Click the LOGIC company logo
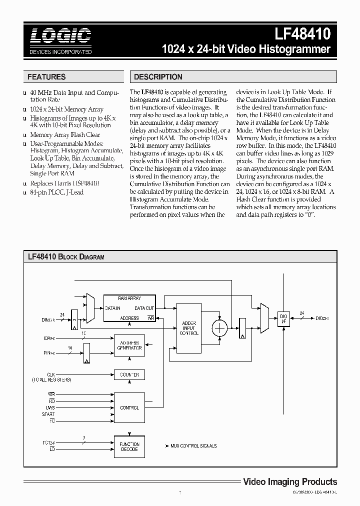click(59, 40)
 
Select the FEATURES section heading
click(46, 77)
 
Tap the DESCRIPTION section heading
click(158, 77)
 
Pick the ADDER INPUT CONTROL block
click(189, 327)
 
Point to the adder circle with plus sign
click(219, 328)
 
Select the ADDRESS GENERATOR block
click(129, 345)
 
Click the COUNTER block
click(129, 374)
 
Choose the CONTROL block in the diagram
click(129, 408)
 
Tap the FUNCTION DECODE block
click(129, 446)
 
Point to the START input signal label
click(48, 414)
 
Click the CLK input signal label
click(50, 374)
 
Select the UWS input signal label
click(50, 408)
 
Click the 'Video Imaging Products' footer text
click(289, 482)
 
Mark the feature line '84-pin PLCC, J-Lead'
click(56, 192)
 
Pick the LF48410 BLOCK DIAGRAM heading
click(65, 257)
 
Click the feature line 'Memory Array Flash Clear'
click(65, 135)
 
